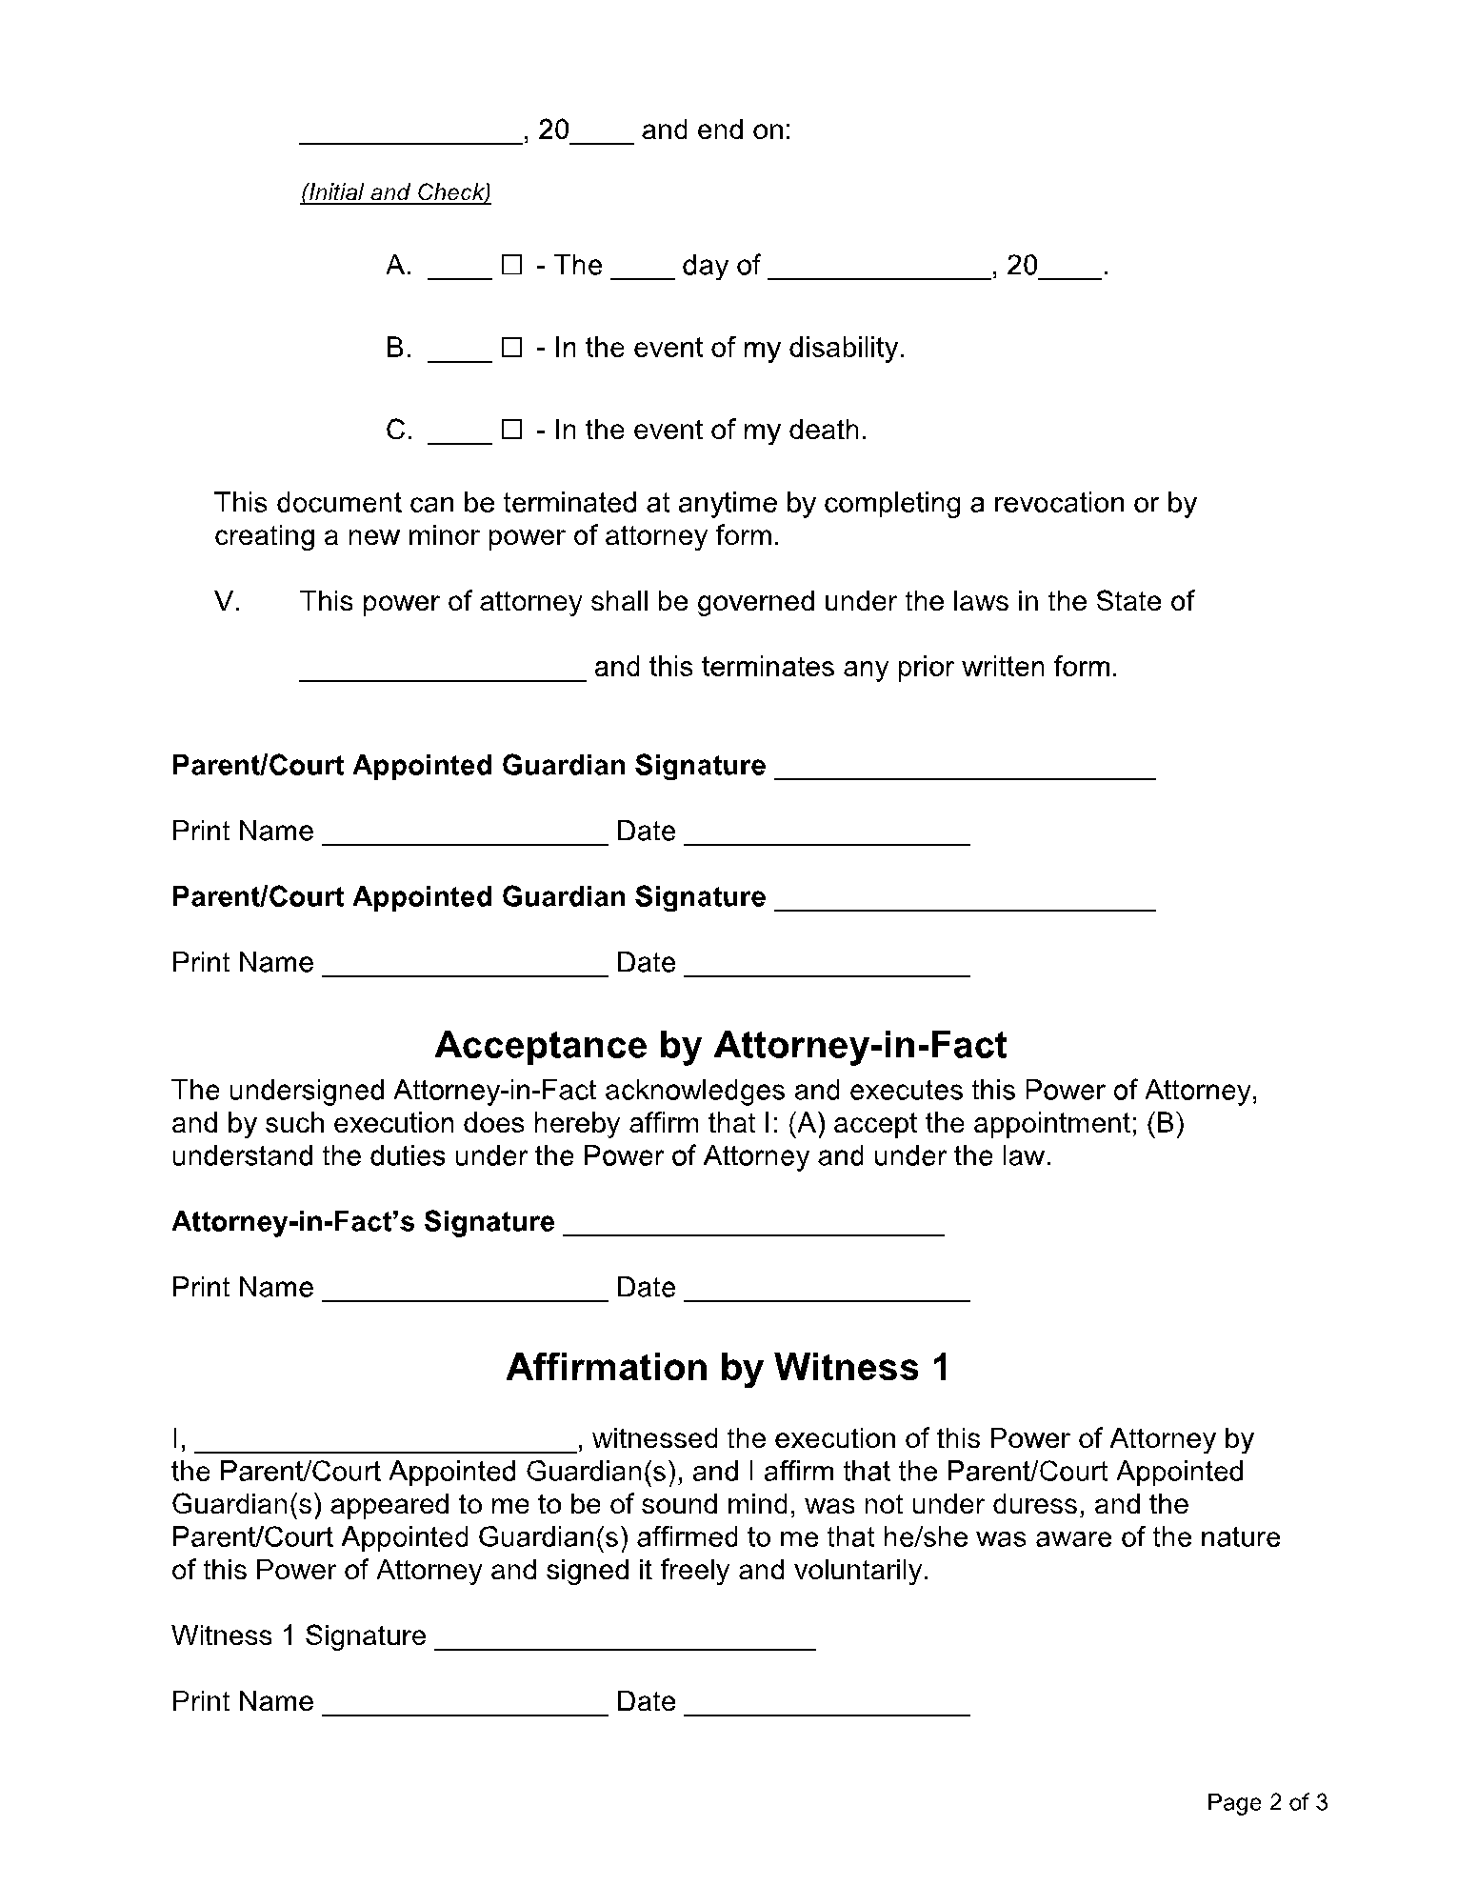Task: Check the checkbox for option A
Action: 511,266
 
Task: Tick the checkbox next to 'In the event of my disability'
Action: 511,349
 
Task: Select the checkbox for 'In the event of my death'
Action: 511,431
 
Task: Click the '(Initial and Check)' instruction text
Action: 395,192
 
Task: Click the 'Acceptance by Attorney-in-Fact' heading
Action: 720,1045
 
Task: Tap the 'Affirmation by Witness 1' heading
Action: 728,1367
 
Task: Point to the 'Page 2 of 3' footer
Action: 1267,1802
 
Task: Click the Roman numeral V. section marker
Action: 227,602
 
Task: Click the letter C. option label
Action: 399,431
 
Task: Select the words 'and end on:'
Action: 716,130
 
